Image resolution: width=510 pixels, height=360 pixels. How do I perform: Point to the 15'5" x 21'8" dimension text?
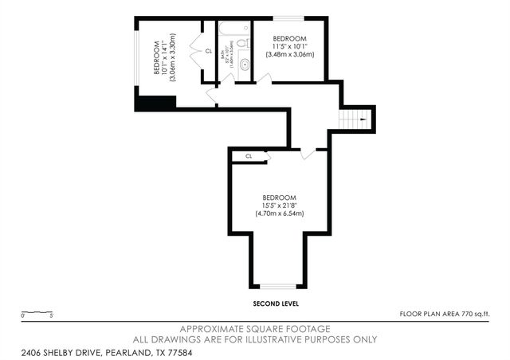pyautogui.click(x=280, y=205)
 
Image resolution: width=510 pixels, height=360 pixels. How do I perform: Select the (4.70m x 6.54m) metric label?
pyautogui.click(x=280, y=213)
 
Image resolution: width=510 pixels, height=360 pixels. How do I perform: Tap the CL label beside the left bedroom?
pyautogui.click(x=209, y=51)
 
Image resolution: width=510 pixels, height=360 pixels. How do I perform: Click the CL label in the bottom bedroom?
pyautogui.click(x=249, y=156)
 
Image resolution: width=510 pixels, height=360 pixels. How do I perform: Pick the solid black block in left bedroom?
pyautogui.click(x=155, y=103)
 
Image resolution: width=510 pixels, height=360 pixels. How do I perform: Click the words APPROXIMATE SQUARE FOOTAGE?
pyautogui.click(x=255, y=329)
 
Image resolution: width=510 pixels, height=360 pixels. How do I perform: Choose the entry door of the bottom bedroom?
pyautogui.click(x=308, y=152)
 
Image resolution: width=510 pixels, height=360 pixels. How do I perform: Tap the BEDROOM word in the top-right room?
pyautogui.click(x=289, y=38)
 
